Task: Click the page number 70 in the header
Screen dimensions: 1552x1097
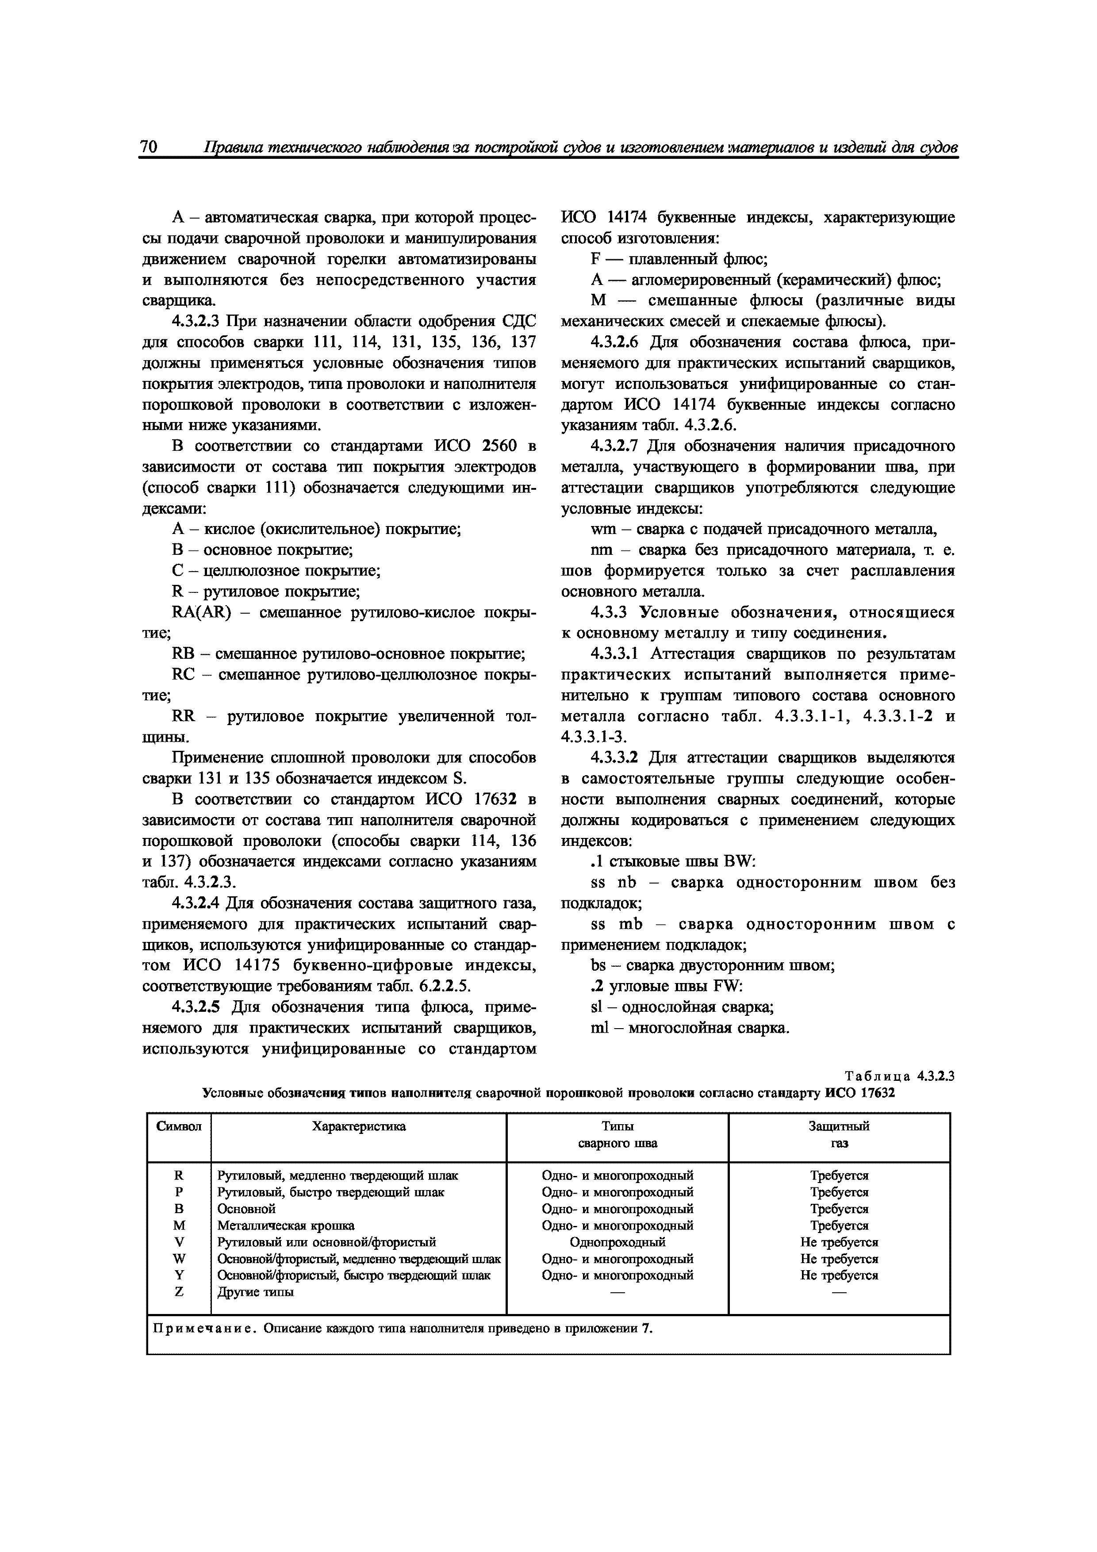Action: (149, 147)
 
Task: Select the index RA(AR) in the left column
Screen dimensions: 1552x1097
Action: (201, 612)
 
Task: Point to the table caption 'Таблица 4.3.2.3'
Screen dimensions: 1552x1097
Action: (899, 1076)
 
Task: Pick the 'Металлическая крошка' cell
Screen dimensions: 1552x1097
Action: (285, 1225)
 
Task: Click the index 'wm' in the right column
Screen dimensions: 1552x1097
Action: (599, 529)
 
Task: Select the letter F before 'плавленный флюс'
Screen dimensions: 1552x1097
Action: (595, 260)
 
